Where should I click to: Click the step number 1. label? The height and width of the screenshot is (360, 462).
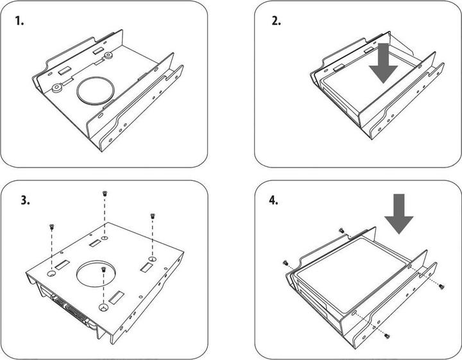point(20,21)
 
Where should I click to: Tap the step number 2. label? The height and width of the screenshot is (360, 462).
point(276,21)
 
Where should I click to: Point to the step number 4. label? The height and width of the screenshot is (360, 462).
point(275,200)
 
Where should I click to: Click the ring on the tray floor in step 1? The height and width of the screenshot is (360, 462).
point(91,92)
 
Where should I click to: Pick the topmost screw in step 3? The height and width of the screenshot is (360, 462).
point(104,193)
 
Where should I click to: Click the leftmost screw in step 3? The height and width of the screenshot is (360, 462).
point(51,226)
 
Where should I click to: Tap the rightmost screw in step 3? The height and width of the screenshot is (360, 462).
point(152,216)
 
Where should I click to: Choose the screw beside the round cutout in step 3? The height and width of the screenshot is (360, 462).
point(104,270)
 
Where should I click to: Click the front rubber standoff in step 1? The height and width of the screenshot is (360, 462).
point(57,87)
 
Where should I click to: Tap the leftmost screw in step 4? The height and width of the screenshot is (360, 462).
point(284,262)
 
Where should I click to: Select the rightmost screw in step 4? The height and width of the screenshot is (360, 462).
point(441,286)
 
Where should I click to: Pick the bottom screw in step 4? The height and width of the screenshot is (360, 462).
point(386,334)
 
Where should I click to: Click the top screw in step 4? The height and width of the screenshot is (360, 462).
point(341,230)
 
